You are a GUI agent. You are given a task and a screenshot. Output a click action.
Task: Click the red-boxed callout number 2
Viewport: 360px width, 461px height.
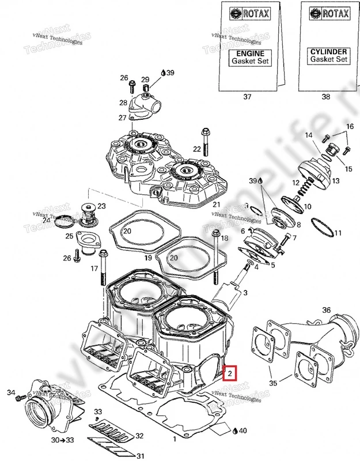(230, 373)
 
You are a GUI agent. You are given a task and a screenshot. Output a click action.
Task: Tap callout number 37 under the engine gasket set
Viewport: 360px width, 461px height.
(248, 97)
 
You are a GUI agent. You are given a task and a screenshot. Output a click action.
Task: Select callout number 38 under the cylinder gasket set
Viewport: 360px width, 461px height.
(326, 97)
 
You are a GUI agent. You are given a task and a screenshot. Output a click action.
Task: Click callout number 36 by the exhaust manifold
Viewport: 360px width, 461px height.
(327, 311)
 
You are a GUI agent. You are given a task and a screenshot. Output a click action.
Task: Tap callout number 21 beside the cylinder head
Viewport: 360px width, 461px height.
(217, 205)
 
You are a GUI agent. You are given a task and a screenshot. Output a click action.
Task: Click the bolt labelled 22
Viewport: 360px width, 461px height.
(205, 138)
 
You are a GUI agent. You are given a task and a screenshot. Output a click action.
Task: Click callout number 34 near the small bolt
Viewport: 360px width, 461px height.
(10, 393)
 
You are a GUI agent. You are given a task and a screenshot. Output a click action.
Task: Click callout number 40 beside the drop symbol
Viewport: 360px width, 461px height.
(242, 431)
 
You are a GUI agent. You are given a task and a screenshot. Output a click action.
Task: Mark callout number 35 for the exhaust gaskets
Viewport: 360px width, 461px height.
(273, 383)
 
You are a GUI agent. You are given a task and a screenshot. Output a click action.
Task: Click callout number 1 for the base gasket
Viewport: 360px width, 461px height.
(173, 440)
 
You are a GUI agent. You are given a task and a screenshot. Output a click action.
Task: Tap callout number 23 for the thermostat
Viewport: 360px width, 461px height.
(101, 206)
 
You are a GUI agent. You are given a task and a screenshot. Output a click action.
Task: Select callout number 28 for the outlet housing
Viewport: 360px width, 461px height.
(123, 103)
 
